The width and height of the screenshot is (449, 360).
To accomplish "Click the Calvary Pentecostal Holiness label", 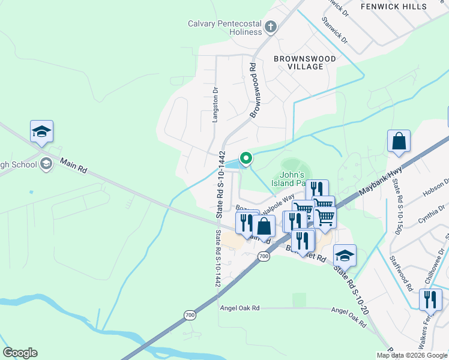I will (224, 24).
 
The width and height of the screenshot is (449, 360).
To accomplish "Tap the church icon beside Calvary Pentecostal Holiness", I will (271, 27).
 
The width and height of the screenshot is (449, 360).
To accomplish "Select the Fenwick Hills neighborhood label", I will (394, 7).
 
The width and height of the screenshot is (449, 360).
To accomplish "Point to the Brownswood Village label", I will (298, 62).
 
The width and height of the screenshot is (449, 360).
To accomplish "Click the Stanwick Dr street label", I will (334, 31).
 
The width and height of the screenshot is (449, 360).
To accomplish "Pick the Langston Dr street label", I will (215, 104).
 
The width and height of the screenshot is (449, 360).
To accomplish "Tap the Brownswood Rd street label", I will (253, 90).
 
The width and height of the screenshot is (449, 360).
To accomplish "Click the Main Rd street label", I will (74, 166).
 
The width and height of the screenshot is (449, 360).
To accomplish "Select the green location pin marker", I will (246, 158).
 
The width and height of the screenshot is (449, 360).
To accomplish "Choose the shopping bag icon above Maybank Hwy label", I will (399, 142).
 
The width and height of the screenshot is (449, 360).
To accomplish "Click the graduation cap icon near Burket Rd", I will (345, 255).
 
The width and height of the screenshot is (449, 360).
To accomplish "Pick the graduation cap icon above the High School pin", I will (41, 131).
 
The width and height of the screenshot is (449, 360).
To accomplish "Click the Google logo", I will (20, 353).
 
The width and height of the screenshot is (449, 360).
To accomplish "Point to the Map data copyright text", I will (412, 355).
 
